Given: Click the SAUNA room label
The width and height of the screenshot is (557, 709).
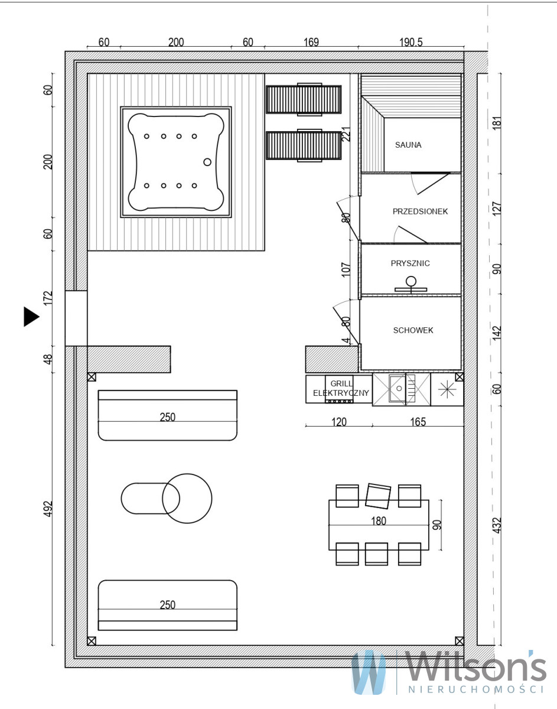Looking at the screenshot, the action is click(x=408, y=145).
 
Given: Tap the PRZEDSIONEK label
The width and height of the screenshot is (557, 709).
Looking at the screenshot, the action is click(x=420, y=212).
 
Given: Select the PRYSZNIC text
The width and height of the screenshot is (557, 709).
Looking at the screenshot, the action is click(x=411, y=264).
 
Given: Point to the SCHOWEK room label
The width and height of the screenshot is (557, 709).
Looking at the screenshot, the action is click(x=413, y=330).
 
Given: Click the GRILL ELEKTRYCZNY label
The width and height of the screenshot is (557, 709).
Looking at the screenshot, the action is click(x=341, y=388).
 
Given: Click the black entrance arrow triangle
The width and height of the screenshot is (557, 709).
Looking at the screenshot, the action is click(x=31, y=317).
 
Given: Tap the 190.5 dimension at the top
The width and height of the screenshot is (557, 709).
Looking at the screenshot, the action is click(x=411, y=42).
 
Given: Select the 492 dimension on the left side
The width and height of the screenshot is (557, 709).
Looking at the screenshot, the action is click(x=48, y=509).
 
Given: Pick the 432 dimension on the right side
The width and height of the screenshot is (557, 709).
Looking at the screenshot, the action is click(x=496, y=525).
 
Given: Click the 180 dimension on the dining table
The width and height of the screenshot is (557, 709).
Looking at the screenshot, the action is click(x=378, y=521).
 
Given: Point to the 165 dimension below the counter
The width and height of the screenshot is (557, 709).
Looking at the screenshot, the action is click(x=418, y=422).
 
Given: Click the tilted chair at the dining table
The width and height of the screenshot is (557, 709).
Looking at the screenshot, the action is click(x=378, y=496).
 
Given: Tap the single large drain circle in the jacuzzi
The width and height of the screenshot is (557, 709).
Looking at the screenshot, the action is click(x=207, y=162).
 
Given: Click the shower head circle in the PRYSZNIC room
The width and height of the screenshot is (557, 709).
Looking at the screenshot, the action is click(x=411, y=281).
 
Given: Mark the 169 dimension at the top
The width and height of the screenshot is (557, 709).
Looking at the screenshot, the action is click(x=311, y=42).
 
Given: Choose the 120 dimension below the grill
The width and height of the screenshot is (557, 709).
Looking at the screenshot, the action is click(x=339, y=422).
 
